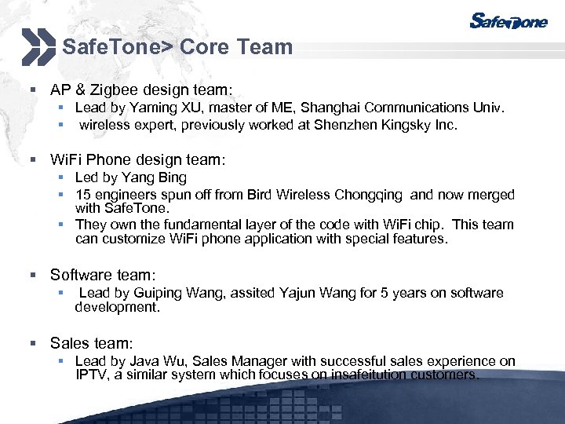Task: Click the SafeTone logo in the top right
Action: tap(508, 21)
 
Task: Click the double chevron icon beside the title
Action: tap(38, 46)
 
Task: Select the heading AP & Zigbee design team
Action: tap(141, 90)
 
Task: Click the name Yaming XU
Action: tap(166, 108)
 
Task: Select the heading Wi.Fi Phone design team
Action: tap(137, 159)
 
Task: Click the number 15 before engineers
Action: tap(82, 194)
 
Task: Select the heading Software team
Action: tap(103, 275)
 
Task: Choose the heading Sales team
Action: tap(91, 343)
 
